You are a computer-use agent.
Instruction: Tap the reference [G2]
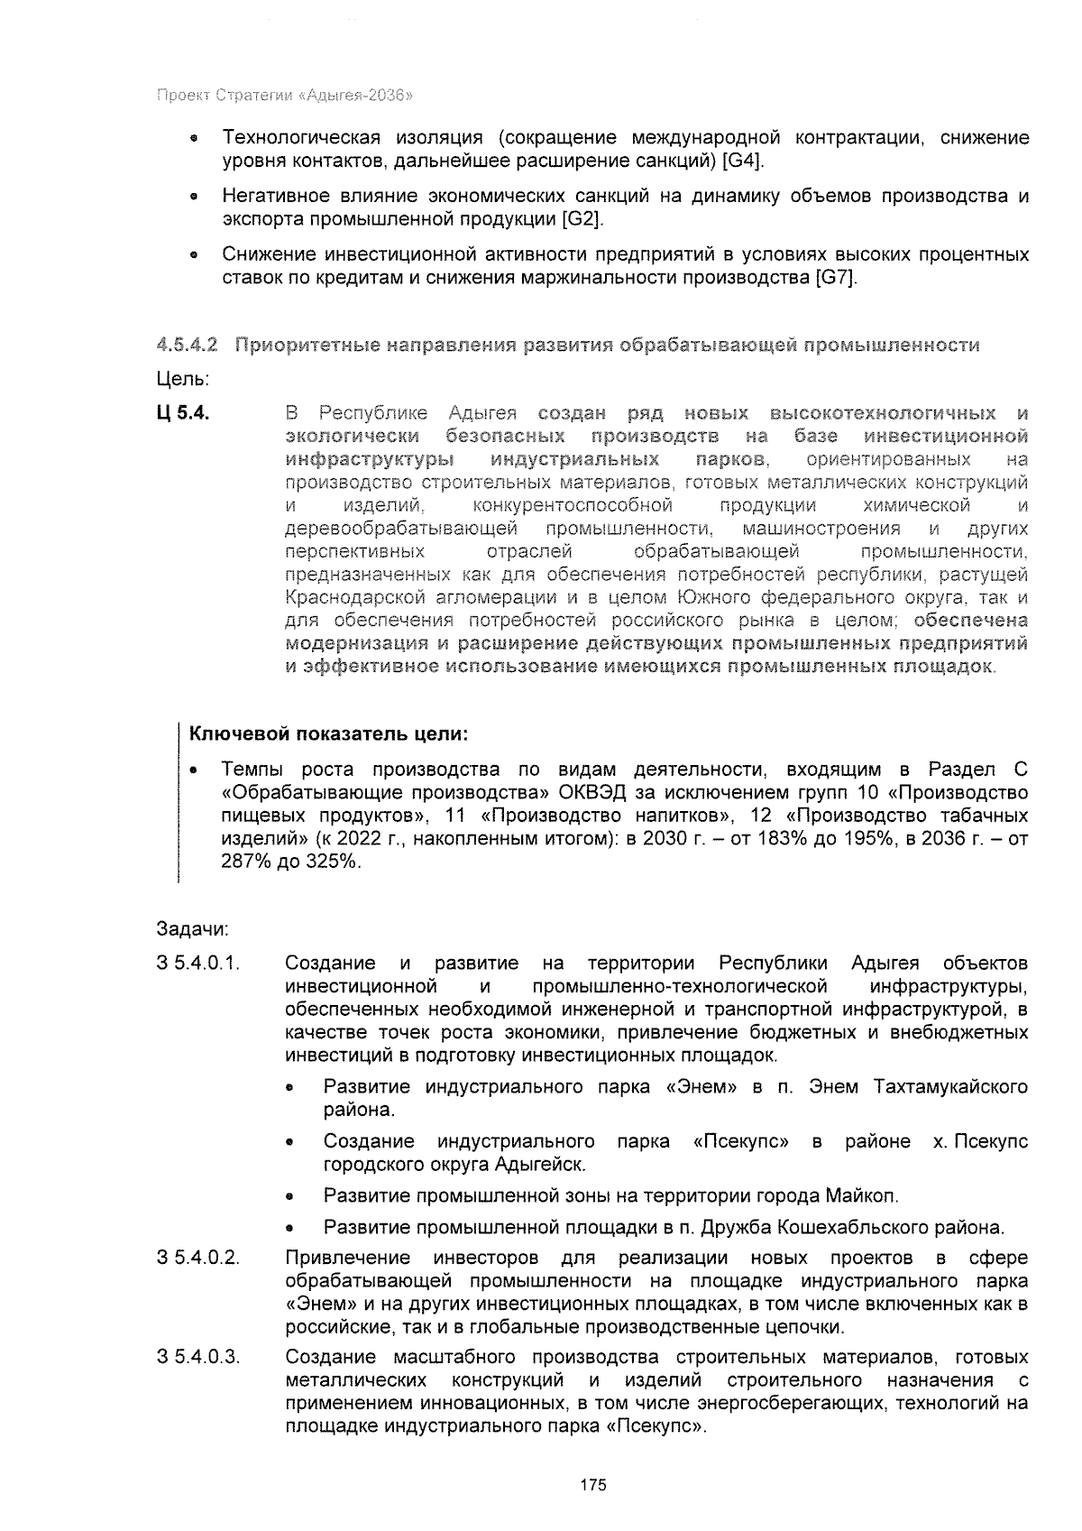coord(581,219)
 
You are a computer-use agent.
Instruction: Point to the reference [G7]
coord(835,278)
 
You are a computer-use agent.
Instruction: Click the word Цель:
coord(183,379)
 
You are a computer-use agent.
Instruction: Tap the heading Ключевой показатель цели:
coord(329,733)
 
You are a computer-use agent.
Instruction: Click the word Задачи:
coord(192,928)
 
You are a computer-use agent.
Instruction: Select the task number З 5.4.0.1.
coord(198,963)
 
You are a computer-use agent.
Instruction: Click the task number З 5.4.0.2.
coord(198,1258)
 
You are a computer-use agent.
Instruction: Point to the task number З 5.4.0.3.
coord(198,1357)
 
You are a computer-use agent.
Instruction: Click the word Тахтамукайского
coord(950,1086)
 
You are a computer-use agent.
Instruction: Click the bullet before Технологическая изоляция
coord(192,140)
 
